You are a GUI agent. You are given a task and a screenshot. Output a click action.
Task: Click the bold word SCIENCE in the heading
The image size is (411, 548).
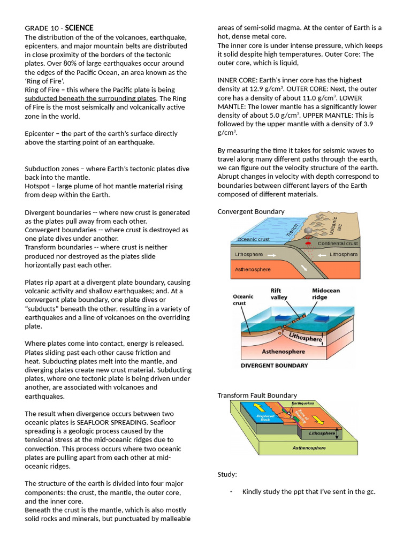click(x=79, y=28)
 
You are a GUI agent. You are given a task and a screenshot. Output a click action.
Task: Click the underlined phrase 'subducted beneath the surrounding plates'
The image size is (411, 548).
click(x=90, y=98)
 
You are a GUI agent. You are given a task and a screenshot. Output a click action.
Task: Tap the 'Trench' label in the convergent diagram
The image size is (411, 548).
click(x=292, y=230)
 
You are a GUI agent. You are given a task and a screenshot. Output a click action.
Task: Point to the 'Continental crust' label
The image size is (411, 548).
click(x=337, y=243)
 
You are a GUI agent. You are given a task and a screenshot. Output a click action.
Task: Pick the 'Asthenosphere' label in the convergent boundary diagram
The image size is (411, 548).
click(x=253, y=269)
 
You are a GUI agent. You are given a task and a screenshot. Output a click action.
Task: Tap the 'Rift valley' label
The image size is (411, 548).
click(x=279, y=294)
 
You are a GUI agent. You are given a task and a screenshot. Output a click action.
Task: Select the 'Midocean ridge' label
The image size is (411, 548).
click(x=325, y=294)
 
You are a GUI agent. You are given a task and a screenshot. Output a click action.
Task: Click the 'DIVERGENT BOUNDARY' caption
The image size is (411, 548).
click(x=274, y=366)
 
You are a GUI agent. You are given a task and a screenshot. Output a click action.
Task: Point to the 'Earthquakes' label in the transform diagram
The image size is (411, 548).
click(x=302, y=403)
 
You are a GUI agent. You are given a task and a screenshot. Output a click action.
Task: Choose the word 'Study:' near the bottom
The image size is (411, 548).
click(x=227, y=474)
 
